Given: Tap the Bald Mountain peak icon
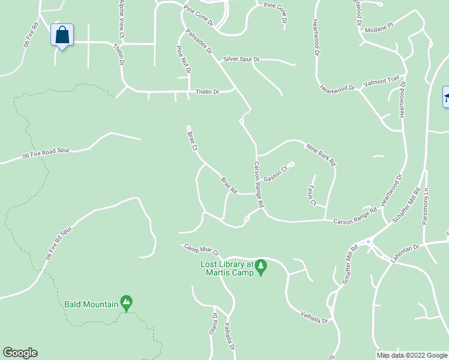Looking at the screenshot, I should coord(126,302).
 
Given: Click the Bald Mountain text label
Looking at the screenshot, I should coord(91,304).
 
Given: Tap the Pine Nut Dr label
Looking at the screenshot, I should coord(183,59).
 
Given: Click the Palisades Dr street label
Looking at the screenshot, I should coord(199,43).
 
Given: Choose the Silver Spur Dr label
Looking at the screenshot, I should coord(241,59).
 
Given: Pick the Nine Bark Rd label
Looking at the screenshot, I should coord(321,154).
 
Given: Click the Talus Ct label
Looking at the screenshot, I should coord(310,195).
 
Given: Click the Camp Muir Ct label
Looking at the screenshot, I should coord(202,250).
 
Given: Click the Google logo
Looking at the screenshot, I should coord(20,353).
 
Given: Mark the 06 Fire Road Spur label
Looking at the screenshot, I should coord(47,154).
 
